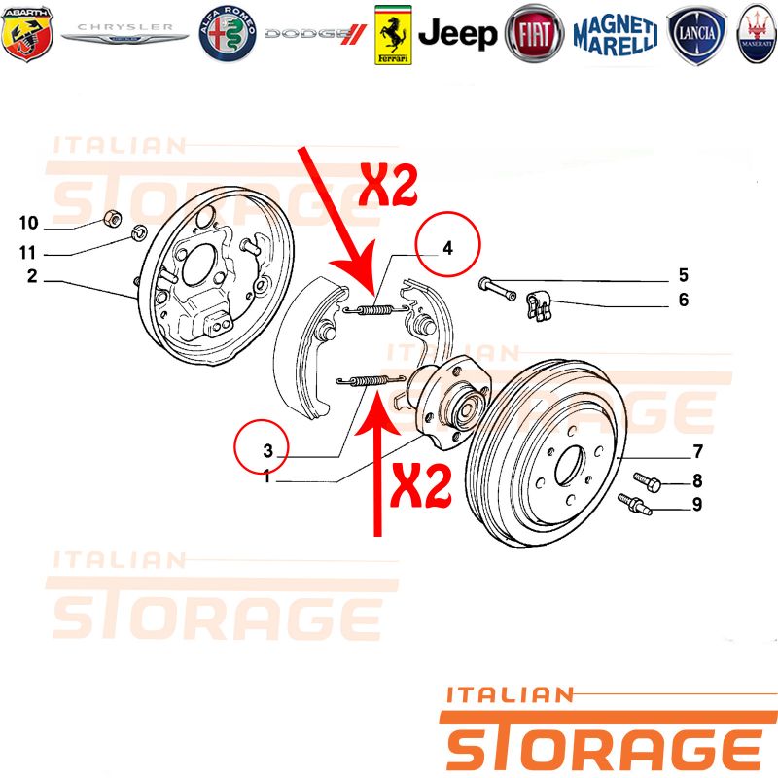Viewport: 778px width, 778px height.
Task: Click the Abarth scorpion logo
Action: pos(27,34)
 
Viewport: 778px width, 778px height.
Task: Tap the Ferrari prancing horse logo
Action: pos(393,35)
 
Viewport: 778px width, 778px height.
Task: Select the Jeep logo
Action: pos(457,34)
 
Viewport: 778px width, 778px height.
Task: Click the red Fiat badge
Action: pos(534,34)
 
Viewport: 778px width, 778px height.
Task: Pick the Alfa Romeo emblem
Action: pos(228,34)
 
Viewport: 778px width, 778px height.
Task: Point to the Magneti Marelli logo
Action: pos(616,35)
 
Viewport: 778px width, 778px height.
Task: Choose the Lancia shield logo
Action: pos(696,35)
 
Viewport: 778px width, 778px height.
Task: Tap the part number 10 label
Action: pos(29,223)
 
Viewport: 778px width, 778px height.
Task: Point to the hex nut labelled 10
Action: pos(113,217)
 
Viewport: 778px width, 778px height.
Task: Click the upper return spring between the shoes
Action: pos(375,310)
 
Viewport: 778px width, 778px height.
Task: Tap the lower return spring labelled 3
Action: pos(370,381)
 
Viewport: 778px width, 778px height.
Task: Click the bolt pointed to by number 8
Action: pos(647,481)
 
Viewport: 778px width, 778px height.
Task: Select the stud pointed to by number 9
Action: pos(634,504)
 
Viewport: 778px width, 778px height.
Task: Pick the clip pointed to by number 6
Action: pos(538,305)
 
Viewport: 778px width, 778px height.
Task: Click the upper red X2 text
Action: pos(387,185)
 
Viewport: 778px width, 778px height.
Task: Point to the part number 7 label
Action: pos(697,451)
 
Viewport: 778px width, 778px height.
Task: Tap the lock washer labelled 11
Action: pos(138,231)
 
